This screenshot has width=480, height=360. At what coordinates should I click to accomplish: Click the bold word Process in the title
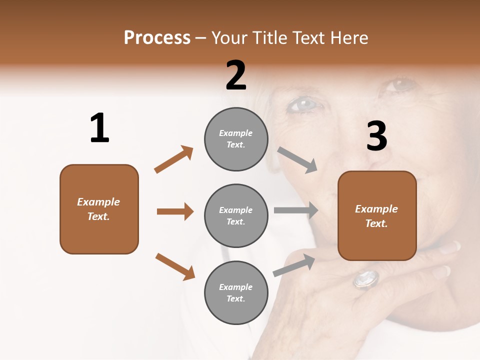pyautogui.click(x=157, y=38)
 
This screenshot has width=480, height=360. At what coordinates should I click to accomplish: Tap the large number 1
pyautogui.click(x=99, y=128)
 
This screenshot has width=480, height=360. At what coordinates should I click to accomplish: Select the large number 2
pyautogui.click(x=236, y=75)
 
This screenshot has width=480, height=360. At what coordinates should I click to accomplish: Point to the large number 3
pyautogui.click(x=376, y=136)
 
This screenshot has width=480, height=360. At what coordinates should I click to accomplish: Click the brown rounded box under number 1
pyautogui.click(x=99, y=209)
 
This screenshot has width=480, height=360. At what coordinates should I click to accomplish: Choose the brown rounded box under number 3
pyautogui.click(x=377, y=216)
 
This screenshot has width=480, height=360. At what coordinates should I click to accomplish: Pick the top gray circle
pyautogui.click(x=236, y=139)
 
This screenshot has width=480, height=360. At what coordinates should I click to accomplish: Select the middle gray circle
pyautogui.click(x=236, y=215)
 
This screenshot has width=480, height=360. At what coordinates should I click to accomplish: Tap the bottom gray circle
pyautogui.click(x=236, y=292)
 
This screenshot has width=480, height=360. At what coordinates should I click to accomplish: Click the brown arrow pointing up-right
pyautogui.click(x=173, y=159)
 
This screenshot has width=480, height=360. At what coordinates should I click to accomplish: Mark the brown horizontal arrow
pyautogui.click(x=175, y=211)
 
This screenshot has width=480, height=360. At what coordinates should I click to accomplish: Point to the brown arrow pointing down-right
pyautogui.click(x=175, y=266)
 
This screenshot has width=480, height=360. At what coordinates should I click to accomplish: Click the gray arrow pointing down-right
pyautogui.click(x=297, y=160)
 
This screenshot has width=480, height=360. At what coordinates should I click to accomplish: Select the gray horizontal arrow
pyautogui.click(x=296, y=210)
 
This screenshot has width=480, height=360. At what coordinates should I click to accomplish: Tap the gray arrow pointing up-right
pyautogui.click(x=294, y=265)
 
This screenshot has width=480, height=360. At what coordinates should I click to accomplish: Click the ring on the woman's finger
pyautogui.click(x=366, y=278)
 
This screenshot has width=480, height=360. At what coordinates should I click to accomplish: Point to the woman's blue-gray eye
pyautogui.click(x=304, y=104)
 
